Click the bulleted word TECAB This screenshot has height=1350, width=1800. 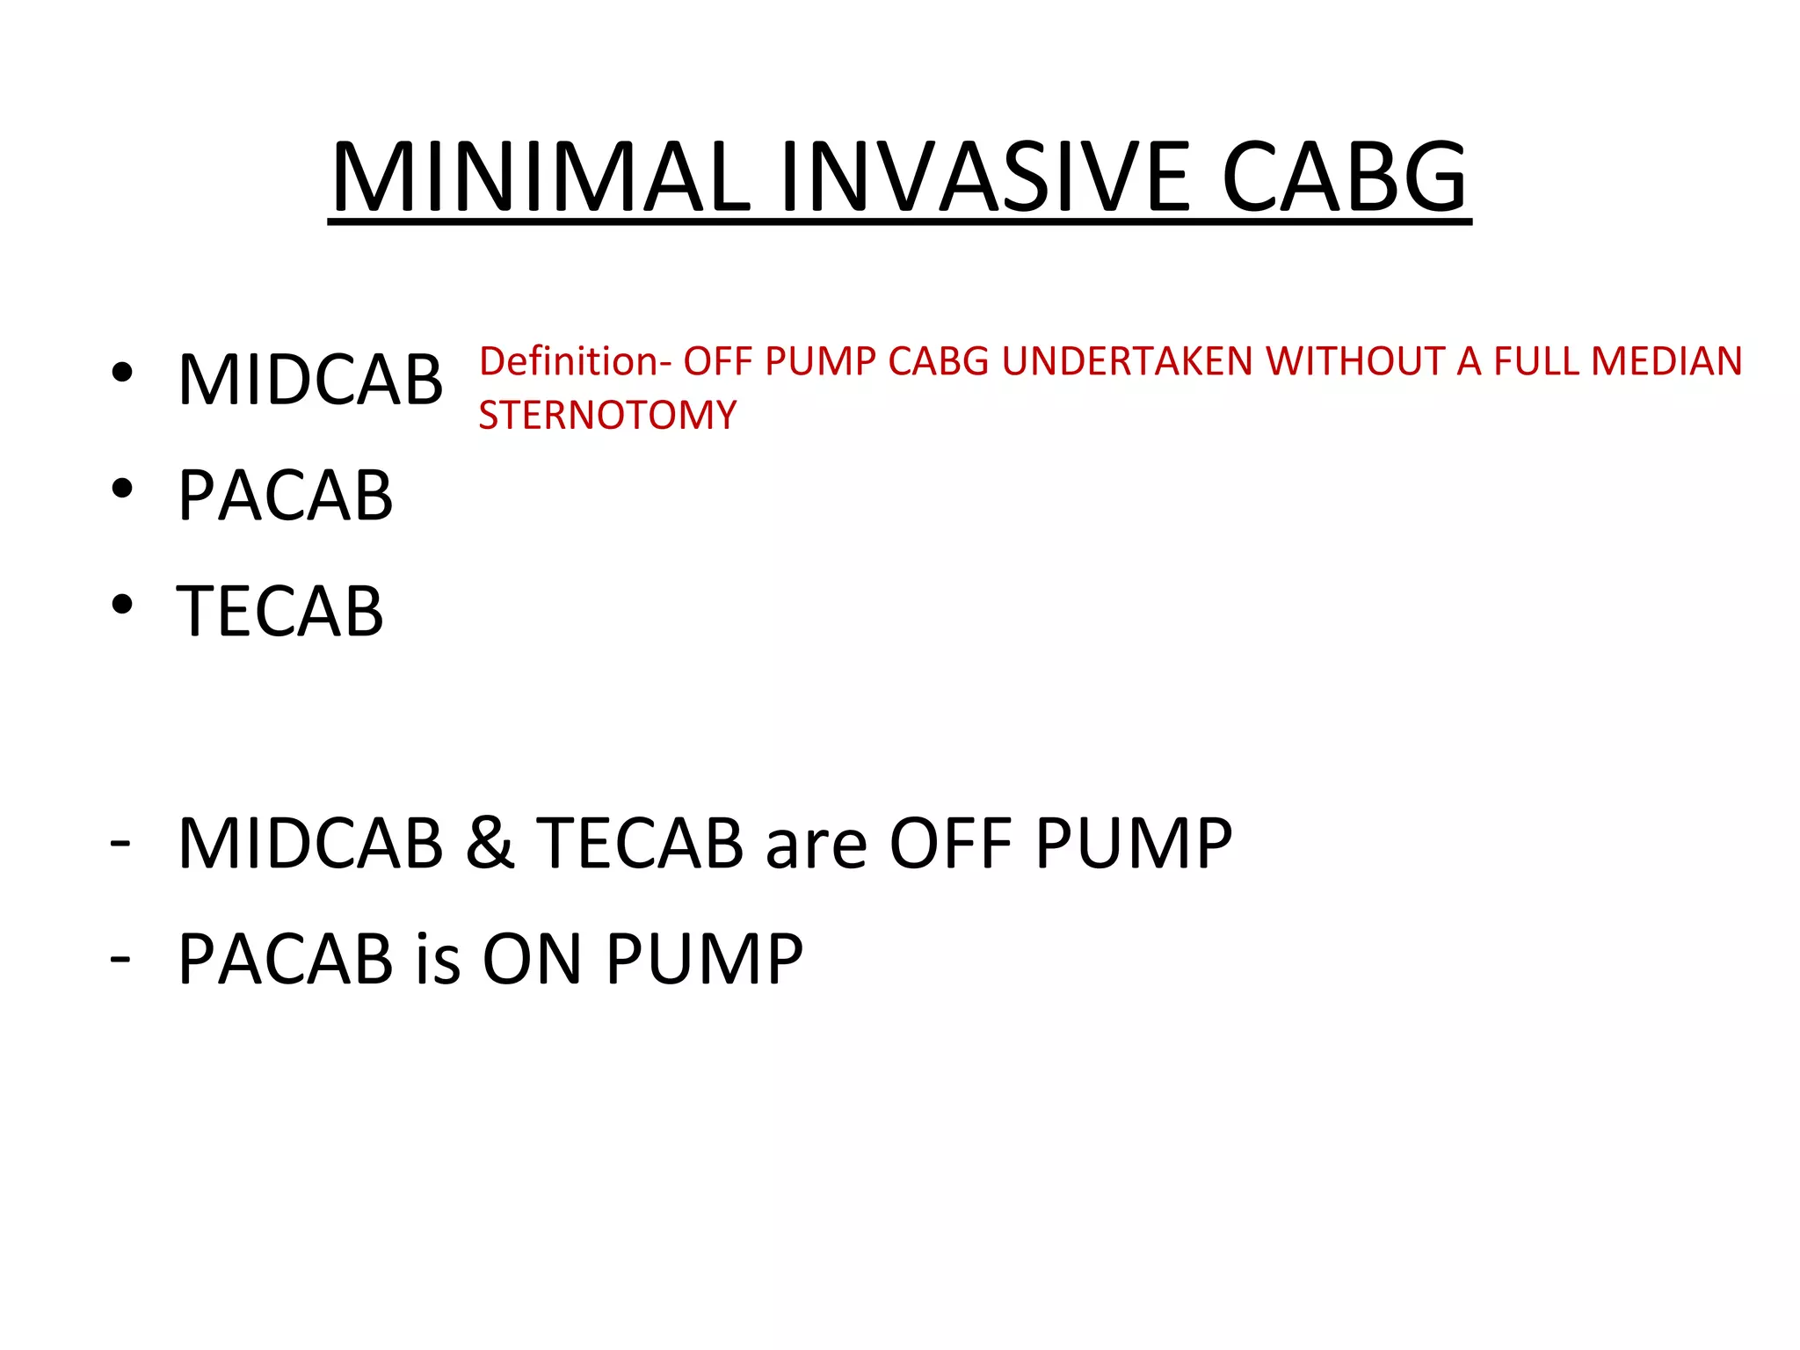coord(280,612)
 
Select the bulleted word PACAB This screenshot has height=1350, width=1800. coord(286,496)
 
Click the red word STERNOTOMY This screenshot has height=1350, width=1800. coord(607,415)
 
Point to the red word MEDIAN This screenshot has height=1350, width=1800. coord(1666,361)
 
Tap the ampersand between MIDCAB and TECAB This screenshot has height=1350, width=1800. coord(490,843)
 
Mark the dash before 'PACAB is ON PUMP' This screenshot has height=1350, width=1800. coord(120,957)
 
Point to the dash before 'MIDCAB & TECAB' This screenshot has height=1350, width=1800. coord(120,842)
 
